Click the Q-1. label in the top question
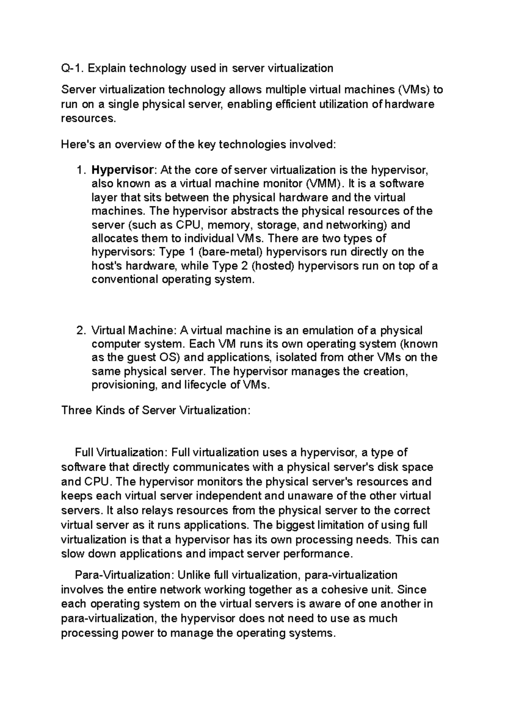(x=72, y=68)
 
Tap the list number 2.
(x=80, y=330)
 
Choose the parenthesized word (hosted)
(x=271, y=266)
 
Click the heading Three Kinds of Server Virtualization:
(x=156, y=410)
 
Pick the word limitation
(x=328, y=525)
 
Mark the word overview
(x=138, y=145)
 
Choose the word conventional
(x=125, y=279)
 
